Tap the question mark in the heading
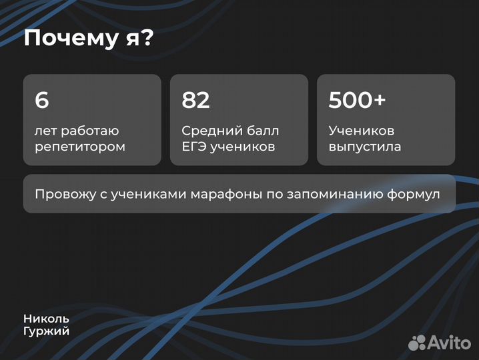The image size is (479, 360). [x=147, y=39]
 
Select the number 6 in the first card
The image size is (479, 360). [x=42, y=100]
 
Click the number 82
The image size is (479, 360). [x=195, y=100]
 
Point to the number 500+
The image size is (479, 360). [x=357, y=100]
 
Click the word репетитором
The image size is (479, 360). [x=80, y=147]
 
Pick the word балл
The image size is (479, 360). [x=264, y=131]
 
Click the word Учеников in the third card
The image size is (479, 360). [x=362, y=131]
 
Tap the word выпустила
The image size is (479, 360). [x=365, y=147]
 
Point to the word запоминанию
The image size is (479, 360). [x=333, y=194]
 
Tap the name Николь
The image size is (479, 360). [x=46, y=319]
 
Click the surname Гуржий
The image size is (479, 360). [x=46, y=331]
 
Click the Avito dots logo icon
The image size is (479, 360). [x=417, y=342]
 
